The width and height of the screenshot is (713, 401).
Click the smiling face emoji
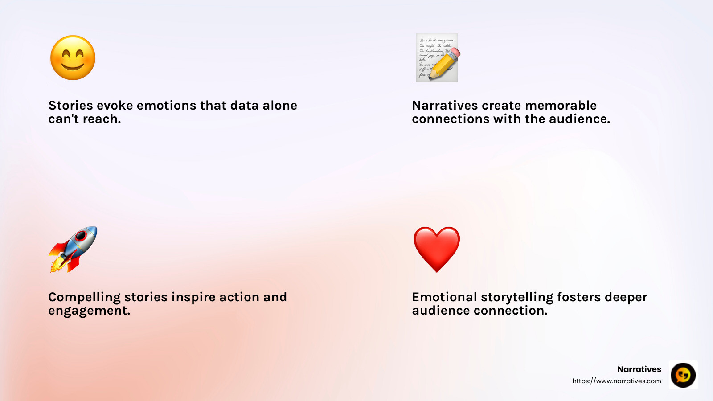(x=73, y=58)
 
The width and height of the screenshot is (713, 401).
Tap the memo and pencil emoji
(x=437, y=58)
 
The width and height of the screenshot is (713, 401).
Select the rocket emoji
(x=73, y=249)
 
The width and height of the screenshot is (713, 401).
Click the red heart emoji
(x=437, y=249)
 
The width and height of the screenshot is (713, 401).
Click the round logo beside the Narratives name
(x=683, y=375)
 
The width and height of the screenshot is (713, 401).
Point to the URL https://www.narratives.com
(x=617, y=381)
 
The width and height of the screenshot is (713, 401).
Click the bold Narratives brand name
(x=639, y=369)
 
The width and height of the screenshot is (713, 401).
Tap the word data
(x=244, y=106)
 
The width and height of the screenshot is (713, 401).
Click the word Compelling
(x=84, y=298)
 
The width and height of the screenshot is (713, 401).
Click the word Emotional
(x=444, y=297)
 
